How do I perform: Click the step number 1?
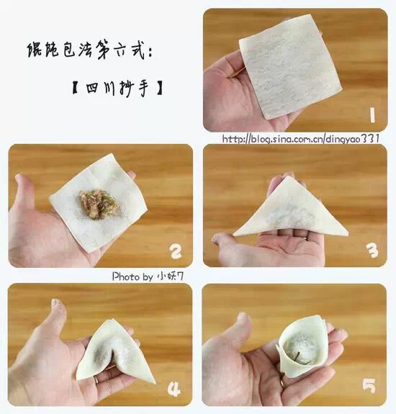(372, 115)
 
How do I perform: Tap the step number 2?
(176, 251)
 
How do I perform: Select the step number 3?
(372, 250)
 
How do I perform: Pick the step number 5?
(369, 386)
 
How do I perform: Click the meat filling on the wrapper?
(98, 204)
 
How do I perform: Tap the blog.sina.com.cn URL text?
(301, 138)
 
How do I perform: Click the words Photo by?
(132, 276)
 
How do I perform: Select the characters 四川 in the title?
(100, 89)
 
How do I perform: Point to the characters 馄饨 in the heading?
(42, 50)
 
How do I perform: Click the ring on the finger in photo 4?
(96, 379)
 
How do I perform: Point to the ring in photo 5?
(282, 383)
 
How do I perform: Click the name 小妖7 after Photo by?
(170, 276)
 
